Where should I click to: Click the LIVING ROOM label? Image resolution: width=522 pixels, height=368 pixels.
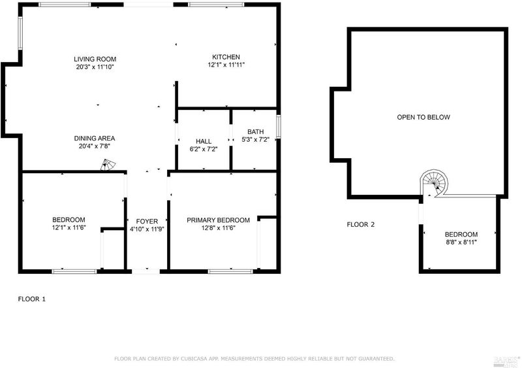[x=95, y=59]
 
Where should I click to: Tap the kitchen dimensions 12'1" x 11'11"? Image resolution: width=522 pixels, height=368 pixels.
[x=226, y=65]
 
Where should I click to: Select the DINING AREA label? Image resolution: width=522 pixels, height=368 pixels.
[x=94, y=138]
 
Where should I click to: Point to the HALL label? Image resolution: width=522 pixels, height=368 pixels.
[x=204, y=141]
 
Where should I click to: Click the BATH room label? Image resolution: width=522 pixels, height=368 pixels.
[x=255, y=131]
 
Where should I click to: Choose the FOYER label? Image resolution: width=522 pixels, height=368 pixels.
[x=147, y=221]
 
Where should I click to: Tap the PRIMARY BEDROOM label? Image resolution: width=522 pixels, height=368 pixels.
[x=218, y=220]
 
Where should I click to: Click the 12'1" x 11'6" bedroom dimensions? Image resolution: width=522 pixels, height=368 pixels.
[x=69, y=227]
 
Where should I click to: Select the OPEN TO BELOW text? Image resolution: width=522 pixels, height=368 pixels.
[x=423, y=117]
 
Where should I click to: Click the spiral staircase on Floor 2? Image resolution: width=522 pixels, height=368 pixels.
[x=434, y=183]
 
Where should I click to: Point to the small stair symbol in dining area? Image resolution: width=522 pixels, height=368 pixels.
[x=108, y=165]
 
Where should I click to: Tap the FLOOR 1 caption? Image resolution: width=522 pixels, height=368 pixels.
[x=31, y=299]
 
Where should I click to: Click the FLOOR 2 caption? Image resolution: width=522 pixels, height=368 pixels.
[x=361, y=225]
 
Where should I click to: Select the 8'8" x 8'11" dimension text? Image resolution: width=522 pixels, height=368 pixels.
[x=461, y=243]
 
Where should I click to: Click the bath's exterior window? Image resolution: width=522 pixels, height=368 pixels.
[x=279, y=126]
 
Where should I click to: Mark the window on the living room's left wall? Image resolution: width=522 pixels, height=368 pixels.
[x=20, y=33]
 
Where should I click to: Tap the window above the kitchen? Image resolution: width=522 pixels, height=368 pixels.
[x=216, y=5]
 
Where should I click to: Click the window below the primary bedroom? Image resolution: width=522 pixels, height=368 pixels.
[x=230, y=271]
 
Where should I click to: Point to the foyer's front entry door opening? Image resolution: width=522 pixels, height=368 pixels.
[x=146, y=271]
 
